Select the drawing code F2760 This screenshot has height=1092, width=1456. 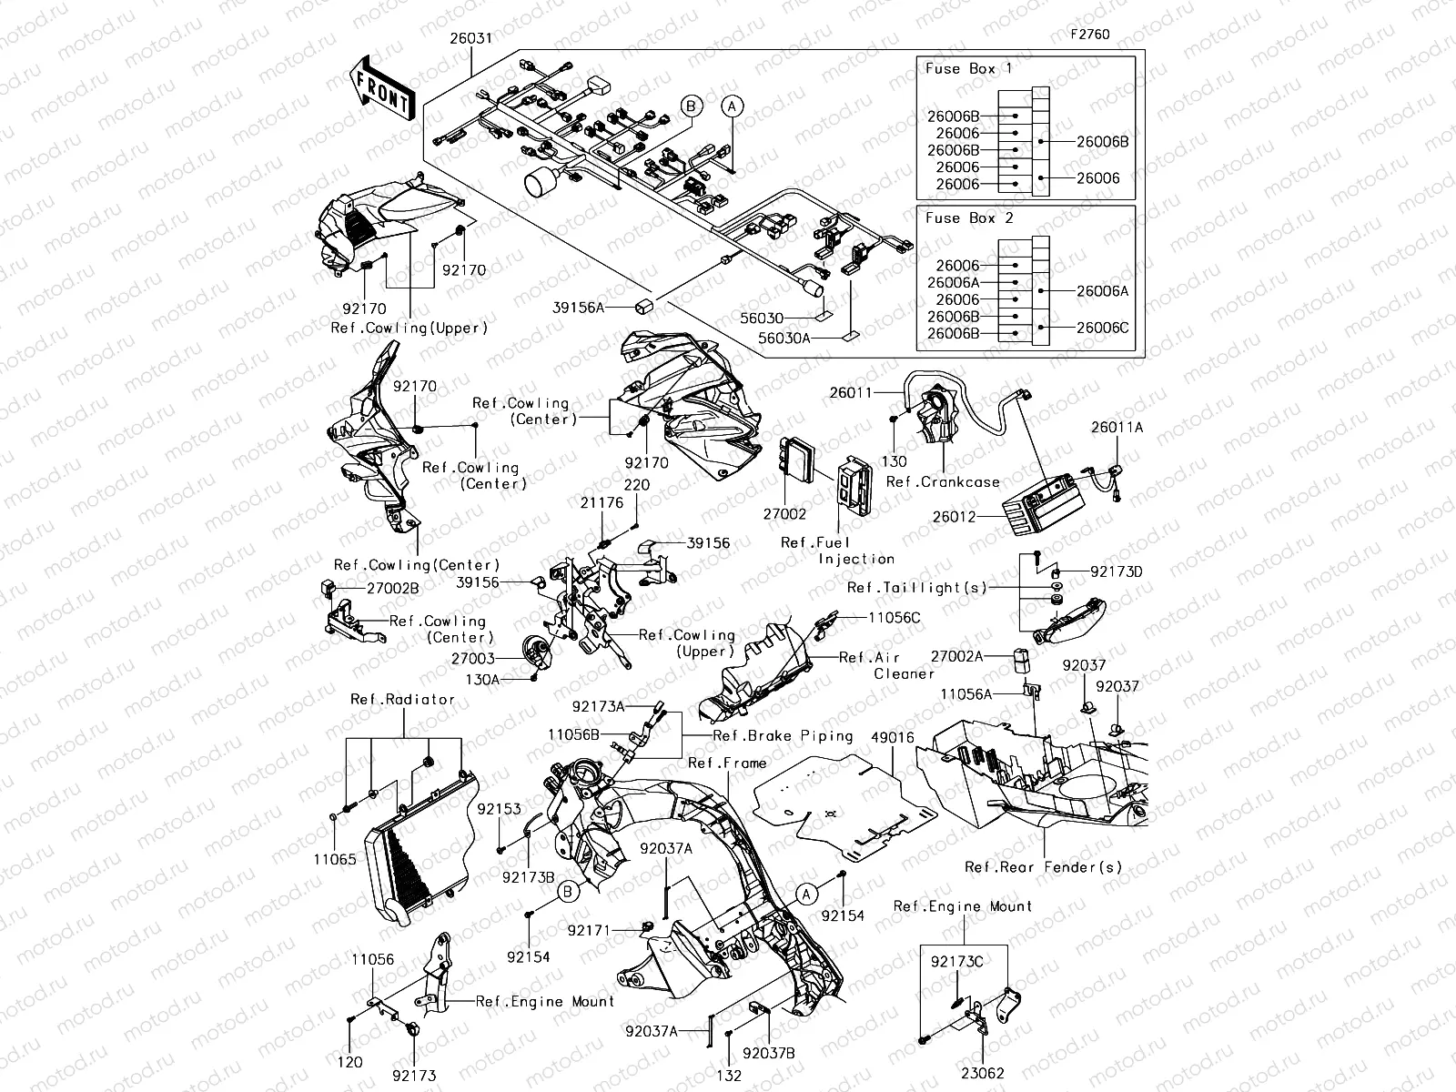1089,35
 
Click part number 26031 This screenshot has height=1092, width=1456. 470,39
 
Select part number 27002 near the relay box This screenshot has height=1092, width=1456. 784,514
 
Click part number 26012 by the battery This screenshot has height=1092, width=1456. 955,517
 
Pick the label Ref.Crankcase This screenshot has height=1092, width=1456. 943,482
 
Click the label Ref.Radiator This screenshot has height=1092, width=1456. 402,700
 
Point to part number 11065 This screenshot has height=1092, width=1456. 336,859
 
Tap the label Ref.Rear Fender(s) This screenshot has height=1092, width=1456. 1044,867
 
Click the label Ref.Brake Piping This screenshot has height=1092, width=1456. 783,736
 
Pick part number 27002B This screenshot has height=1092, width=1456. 393,589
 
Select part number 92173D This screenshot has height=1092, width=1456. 1117,572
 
